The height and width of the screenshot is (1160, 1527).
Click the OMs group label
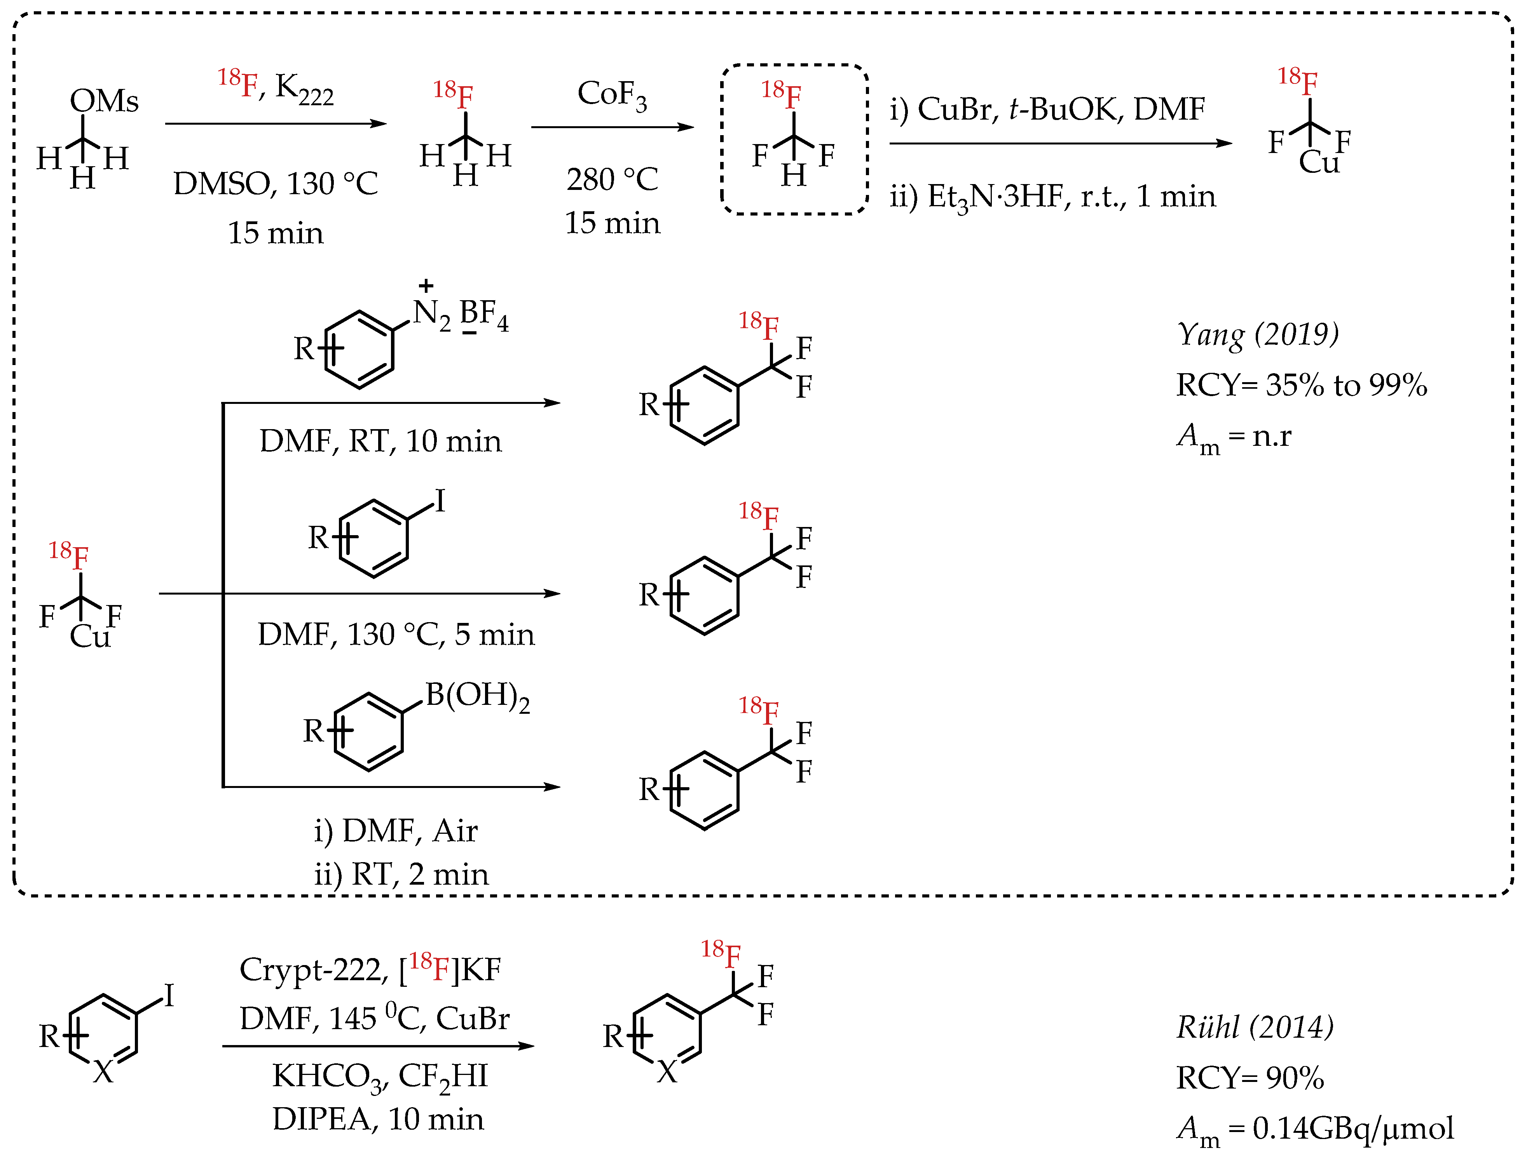(104, 101)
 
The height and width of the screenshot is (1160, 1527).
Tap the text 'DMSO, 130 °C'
(276, 184)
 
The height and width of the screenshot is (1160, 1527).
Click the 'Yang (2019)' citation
(1258, 335)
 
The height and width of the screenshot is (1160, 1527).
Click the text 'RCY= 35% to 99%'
(1301, 385)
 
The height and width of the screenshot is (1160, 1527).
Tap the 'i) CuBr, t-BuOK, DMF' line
(1047, 109)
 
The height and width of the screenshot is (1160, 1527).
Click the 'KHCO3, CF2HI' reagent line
(380, 1076)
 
